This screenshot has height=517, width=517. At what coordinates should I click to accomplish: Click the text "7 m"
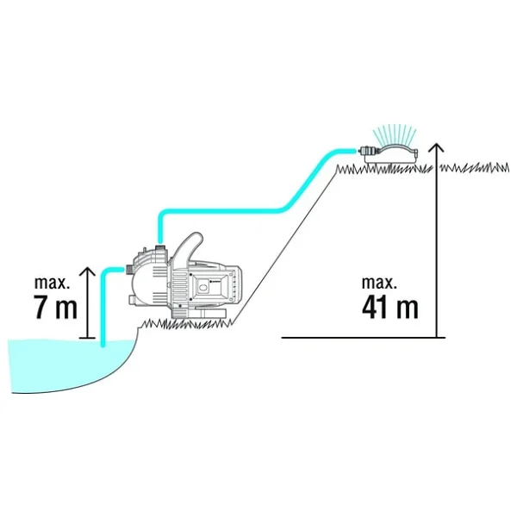coord(55,308)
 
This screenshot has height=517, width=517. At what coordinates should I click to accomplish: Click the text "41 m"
coord(390,308)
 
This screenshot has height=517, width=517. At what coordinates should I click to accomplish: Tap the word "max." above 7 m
coord(52,283)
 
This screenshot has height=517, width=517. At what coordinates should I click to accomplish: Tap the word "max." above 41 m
coord(379,283)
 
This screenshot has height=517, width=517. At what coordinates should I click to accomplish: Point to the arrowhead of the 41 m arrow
coord(436,147)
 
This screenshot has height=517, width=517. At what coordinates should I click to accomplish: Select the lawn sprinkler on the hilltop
coord(390,153)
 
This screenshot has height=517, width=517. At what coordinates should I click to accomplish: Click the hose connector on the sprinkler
coord(367,151)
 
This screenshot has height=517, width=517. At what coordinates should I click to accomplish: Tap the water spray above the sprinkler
coord(395,134)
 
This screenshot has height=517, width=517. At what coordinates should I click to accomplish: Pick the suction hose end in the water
coord(103,343)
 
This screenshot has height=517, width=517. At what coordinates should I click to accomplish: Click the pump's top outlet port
coord(160,247)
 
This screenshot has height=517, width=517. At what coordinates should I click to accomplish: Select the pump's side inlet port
coord(129,270)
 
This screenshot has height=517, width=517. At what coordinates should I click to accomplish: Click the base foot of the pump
coord(198,314)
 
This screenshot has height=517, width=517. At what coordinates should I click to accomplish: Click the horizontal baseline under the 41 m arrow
coord(364,338)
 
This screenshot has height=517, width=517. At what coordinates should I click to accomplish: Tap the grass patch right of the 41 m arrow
coord(475,168)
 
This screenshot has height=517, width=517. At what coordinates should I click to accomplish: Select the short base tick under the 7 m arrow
coord(87,338)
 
